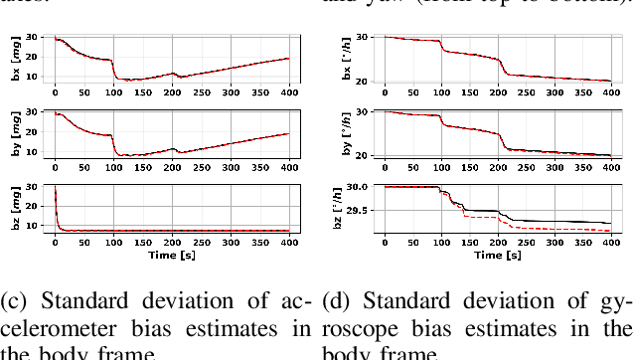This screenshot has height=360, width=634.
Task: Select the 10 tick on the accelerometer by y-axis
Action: [33, 152]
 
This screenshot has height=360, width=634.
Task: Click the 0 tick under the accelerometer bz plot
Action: [54, 242]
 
